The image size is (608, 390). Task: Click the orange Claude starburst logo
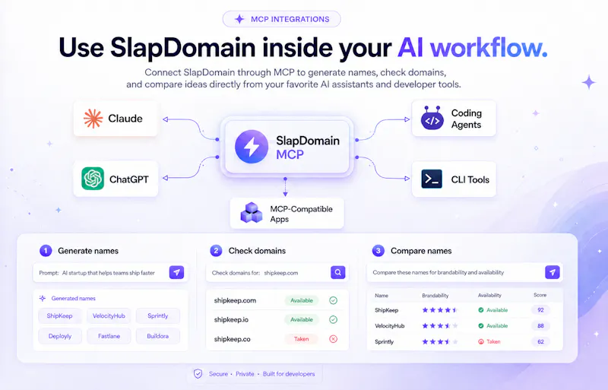[x=93, y=119]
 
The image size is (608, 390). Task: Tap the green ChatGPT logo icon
[x=93, y=179]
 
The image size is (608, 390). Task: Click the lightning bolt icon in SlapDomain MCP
[x=252, y=147]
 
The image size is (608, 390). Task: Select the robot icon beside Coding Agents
[x=432, y=118]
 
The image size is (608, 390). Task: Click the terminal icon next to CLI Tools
[x=432, y=179]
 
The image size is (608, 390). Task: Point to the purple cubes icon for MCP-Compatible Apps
[x=252, y=213]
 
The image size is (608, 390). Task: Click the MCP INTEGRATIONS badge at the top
[x=281, y=19]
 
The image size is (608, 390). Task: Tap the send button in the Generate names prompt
[x=176, y=272]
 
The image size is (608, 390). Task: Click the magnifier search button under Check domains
[x=337, y=272]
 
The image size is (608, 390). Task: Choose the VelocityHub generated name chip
[x=109, y=316]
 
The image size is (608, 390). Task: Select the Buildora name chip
[x=157, y=336]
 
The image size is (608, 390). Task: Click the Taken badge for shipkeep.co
[x=301, y=339]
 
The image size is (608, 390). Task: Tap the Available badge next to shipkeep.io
[x=301, y=320]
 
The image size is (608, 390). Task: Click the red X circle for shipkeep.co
[x=333, y=339]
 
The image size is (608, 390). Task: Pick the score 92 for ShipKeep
[x=540, y=310]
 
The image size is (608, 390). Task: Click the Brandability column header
[x=435, y=296]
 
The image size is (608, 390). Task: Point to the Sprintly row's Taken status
[x=489, y=342]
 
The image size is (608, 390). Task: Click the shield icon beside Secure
[x=198, y=374]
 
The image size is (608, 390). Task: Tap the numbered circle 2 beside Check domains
[x=216, y=251]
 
